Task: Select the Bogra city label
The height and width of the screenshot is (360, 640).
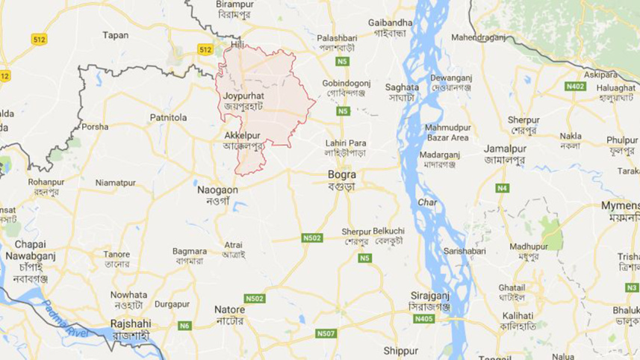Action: (341, 174)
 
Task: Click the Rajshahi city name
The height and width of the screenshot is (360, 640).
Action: (131, 323)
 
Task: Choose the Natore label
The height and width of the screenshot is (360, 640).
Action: (229, 309)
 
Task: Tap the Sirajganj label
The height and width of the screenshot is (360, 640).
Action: (428, 296)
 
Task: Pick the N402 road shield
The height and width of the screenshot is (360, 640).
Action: (575, 87)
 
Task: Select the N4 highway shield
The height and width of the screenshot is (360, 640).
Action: (503, 187)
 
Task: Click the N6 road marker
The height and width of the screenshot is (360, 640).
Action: (185, 325)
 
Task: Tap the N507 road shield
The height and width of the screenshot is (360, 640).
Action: (325, 333)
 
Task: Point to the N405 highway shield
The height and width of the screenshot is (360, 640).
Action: (423, 319)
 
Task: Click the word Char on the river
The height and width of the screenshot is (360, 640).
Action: (428, 202)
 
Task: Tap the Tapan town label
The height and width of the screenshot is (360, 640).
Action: (116, 35)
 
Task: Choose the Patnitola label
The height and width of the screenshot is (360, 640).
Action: (168, 117)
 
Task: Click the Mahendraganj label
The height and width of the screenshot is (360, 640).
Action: (479, 37)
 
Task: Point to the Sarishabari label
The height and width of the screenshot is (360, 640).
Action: (464, 251)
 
